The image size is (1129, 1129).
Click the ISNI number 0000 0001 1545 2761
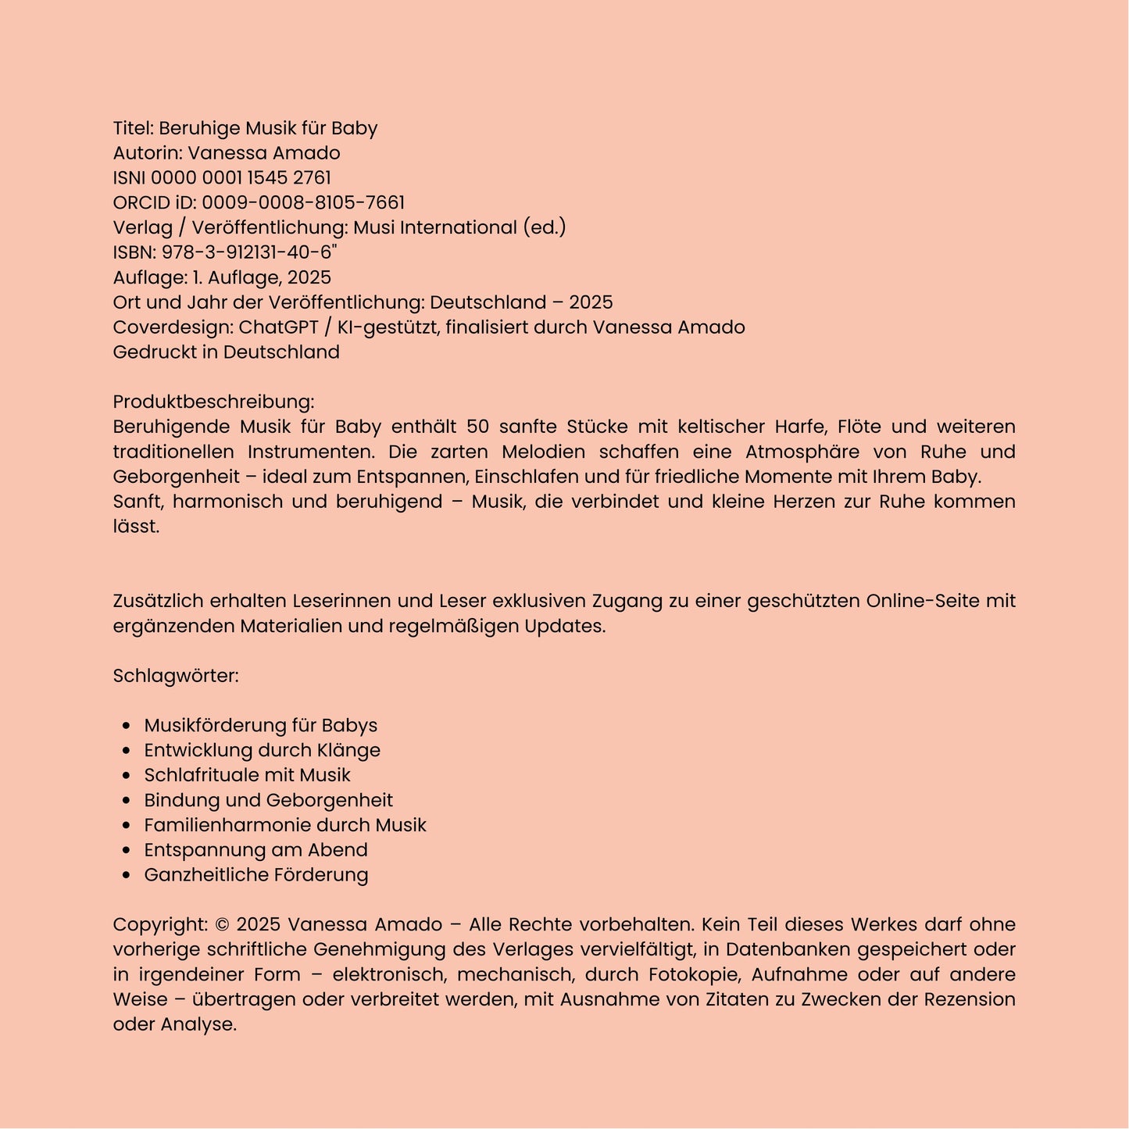pyautogui.click(x=241, y=178)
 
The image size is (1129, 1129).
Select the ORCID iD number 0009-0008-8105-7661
pyautogui.click(x=303, y=203)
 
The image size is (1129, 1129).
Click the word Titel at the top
pyautogui.click(x=131, y=128)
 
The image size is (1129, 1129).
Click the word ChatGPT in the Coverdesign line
pyautogui.click(x=278, y=327)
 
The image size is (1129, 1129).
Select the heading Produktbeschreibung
pyautogui.click(x=213, y=402)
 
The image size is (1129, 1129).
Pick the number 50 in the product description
pyautogui.click(x=477, y=427)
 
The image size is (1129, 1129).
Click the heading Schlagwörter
pyautogui.click(x=175, y=676)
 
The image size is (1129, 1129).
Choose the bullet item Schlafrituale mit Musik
pyautogui.click(x=247, y=775)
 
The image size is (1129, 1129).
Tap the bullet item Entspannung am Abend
pyautogui.click(x=255, y=850)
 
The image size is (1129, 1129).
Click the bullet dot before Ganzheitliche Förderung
pyautogui.click(x=127, y=875)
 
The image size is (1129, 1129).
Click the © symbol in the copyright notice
pyautogui.click(x=222, y=925)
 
